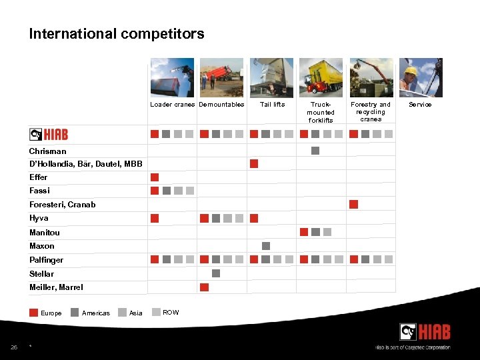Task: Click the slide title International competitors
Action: coord(117,34)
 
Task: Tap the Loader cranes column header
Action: coord(172,105)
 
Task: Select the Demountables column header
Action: coord(221,105)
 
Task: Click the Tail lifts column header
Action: coord(272,105)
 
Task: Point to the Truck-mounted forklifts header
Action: coord(321,112)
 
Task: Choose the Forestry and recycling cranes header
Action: coord(371,112)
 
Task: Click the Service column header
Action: coord(420,105)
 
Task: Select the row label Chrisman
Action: coord(47,151)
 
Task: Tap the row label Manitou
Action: coord(45,233)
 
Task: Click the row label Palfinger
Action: coord(46,260)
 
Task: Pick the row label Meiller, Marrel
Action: coord(56,287)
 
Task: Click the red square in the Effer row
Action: coord(155,177)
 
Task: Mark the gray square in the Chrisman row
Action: coord(315,151)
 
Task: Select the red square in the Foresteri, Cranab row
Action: coord(354,204)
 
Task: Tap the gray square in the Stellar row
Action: coord(216,273)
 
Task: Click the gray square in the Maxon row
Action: coord(266,246)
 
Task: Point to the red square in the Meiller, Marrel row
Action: coord(205,287)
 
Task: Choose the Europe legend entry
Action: coord(46,313)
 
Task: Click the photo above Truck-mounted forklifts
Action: coord(321,77)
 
